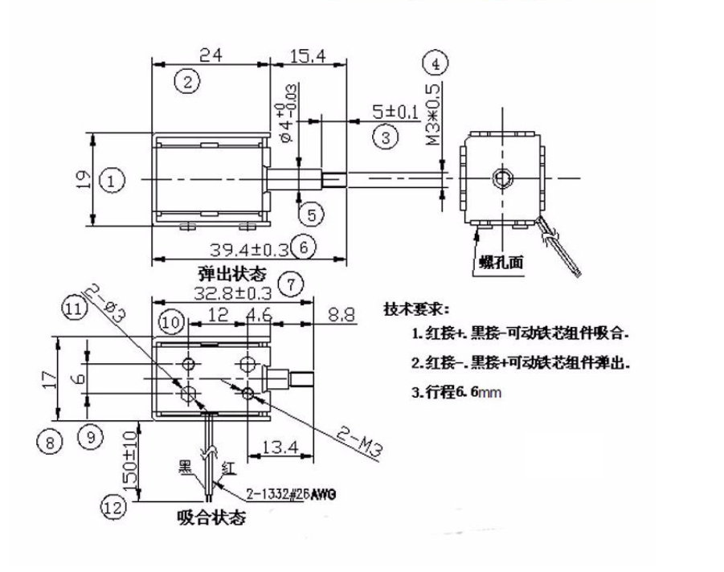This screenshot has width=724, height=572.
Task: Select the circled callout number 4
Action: pos(435,63)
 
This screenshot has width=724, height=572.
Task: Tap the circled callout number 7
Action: pos(289,284)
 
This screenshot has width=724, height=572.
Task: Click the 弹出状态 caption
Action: pos(231,272)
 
